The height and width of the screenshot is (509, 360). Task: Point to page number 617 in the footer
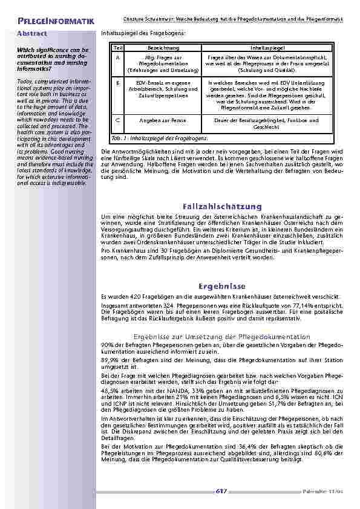[221, 491]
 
